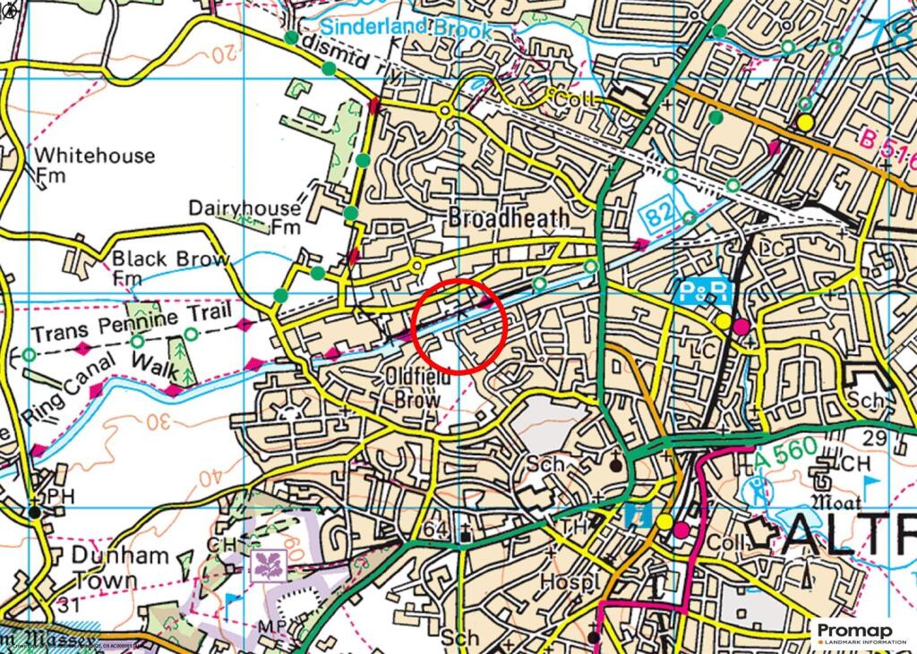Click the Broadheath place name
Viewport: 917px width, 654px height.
pyautogui.click(x=508, y=217)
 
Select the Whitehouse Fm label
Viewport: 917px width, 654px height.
pyautogui.click(x=93, y=164)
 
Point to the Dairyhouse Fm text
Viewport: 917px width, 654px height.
pyautogui.click(x=245, y=216)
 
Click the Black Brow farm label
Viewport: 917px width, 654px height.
pyautogui.click(x=169, y=266)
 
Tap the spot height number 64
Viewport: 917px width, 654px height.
pyautogui.click(x=434, y=531)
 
